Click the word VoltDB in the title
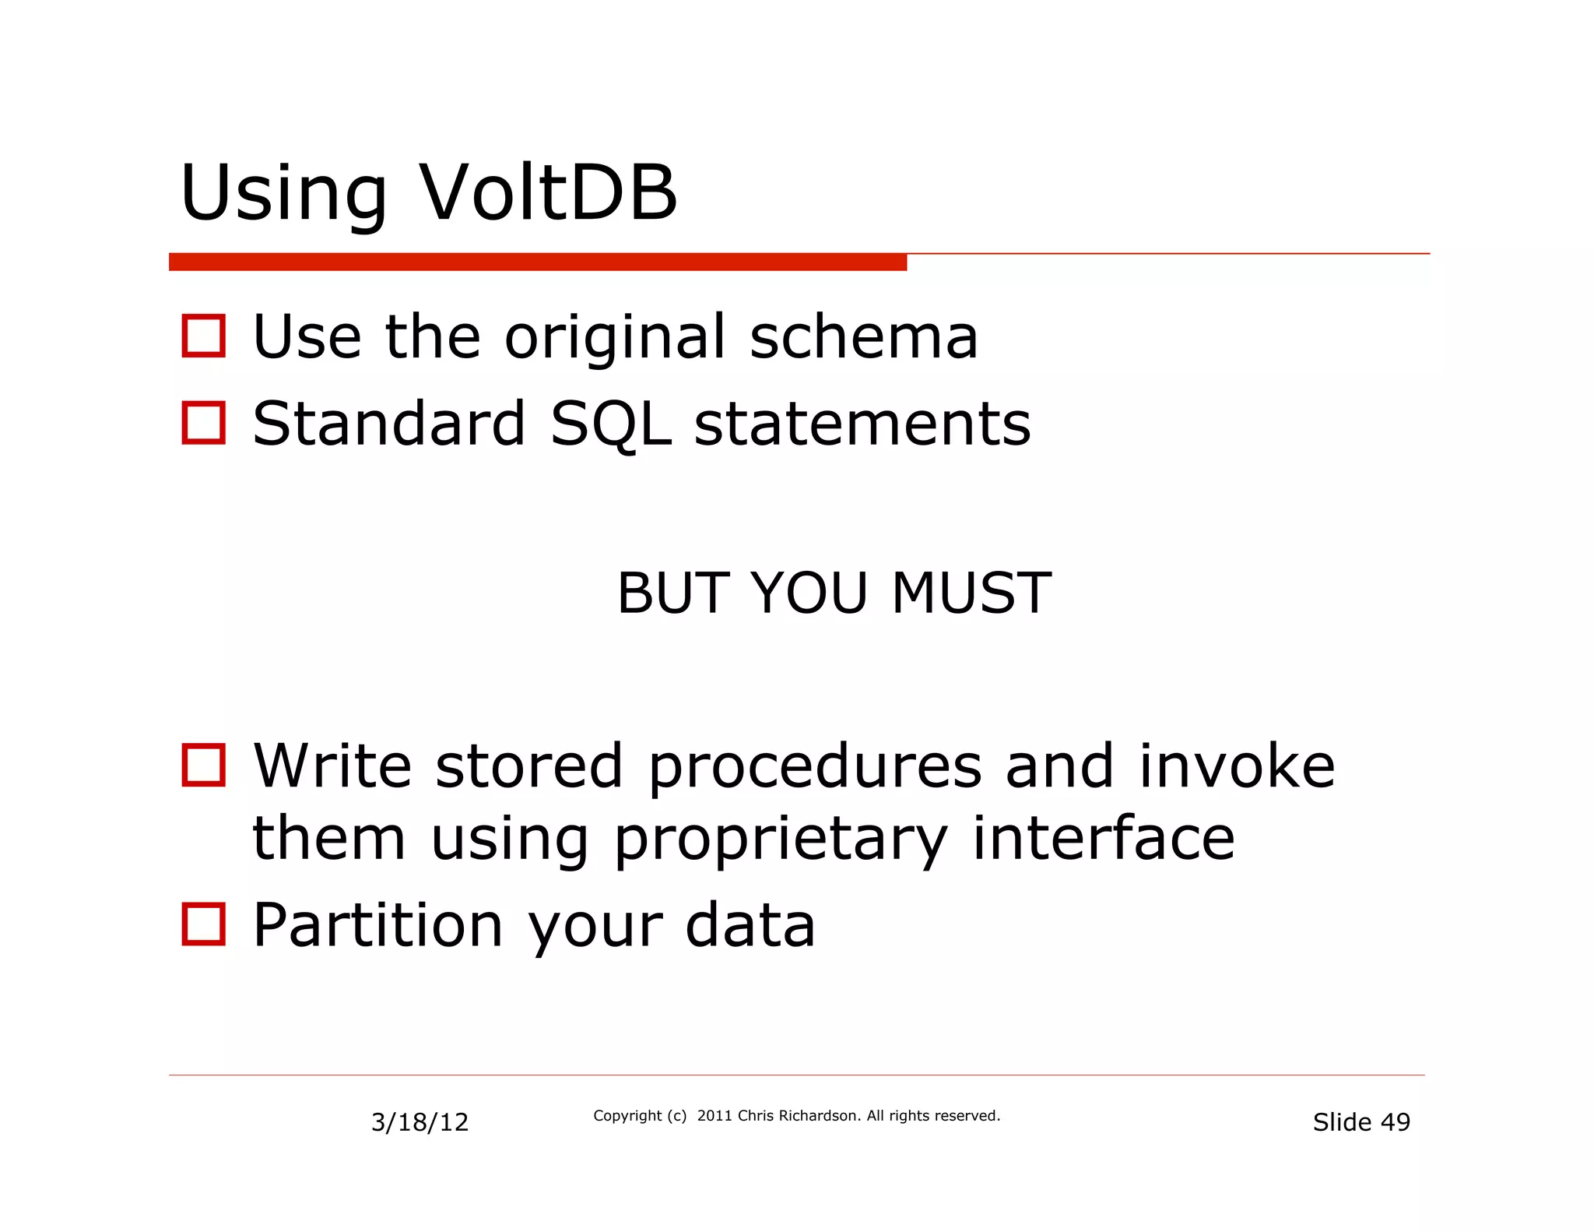coord(548,193)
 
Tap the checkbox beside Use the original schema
coord(204,336)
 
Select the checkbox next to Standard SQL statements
coord(204,423)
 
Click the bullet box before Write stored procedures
coord(204,765)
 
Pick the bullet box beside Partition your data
coord(204,924)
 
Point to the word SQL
coord(610,424)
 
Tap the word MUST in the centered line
coord(971,593)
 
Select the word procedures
coord(814,768)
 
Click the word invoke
coord(1237,766)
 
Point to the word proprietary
coord(781,840)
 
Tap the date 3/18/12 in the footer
coord(420,1122)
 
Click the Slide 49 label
coord(1361,1122)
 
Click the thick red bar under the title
coord(537,262)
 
